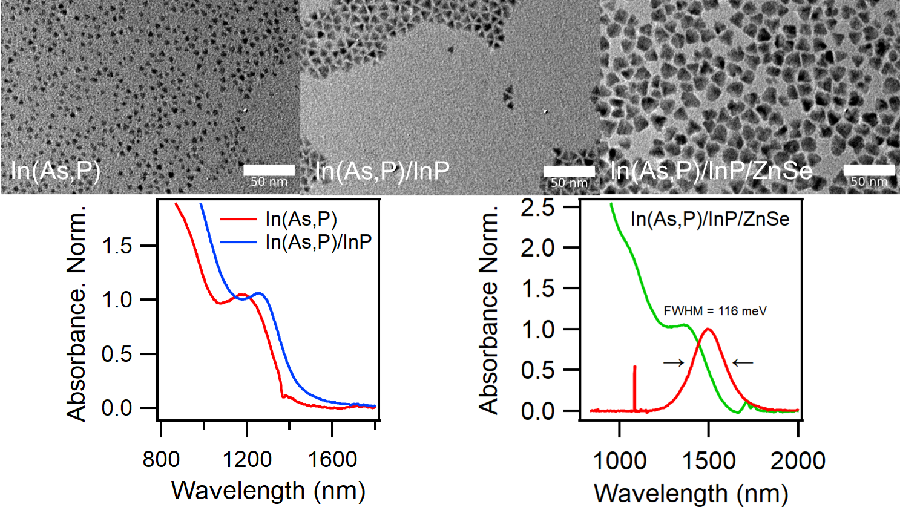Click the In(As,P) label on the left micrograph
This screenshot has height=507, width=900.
(55, 171)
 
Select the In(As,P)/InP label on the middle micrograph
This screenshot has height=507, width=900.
(383, 171)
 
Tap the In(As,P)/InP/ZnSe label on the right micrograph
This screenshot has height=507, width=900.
(711, 171)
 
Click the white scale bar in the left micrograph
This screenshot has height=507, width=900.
(269, 170)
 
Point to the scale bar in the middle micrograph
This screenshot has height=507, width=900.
(569, 171)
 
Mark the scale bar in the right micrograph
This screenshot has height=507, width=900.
(869, 170)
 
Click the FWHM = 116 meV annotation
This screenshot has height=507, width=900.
(715, 311)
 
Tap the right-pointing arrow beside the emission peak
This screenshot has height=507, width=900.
(674, 363)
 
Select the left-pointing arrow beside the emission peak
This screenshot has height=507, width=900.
(743, 363)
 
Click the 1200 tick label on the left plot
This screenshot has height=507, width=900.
(246, 460)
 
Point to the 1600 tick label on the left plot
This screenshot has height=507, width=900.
(332, 460)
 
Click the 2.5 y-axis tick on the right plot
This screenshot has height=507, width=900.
(537, 208)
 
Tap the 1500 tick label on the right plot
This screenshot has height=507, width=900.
(708, 461)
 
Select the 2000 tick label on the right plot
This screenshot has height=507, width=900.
(798, 461)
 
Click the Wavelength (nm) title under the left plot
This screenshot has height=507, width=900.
(268, 491)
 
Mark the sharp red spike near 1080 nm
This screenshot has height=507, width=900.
(634, 387)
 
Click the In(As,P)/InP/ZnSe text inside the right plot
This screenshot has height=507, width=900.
(710, 218)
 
